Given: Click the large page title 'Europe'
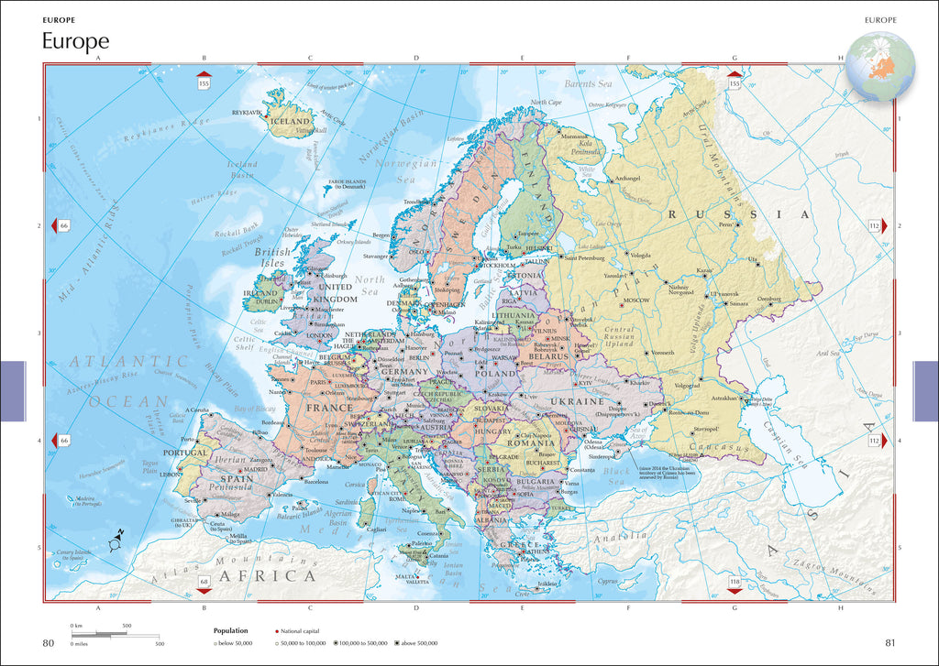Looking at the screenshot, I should pyautogui.click(x=75, y=41).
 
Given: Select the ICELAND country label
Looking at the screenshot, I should pyautogui.click(x=291, y=121).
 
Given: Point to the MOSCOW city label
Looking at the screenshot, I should pyautogui.click(x=636, y=300).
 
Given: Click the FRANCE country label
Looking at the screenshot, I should pyautogui.click(x=329, y=408).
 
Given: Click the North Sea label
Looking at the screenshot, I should pyautogui.click(x=370, y=285).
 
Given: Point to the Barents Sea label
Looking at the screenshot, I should pyautogui.click(x=588, y=84).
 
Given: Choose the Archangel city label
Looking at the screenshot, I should pyautogui.click(x=627, y=178).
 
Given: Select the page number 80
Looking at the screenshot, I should pyautogui.click(x=49, y=642).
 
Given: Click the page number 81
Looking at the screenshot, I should pyautogui.click(x=890, y=642).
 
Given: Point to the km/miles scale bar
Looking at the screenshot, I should pyautogui.click(x=115, y=635).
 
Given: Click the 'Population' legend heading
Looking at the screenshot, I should pyautogui.click(x=231, y=630).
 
